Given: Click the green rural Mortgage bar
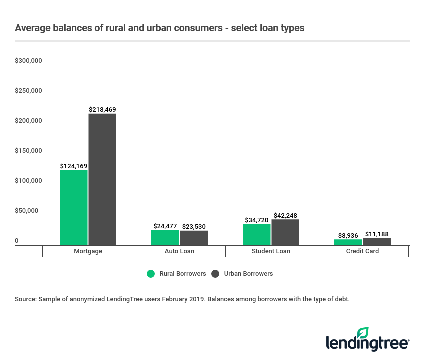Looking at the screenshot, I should pyautogui.click(x=74, y=207).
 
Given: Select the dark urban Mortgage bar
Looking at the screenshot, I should pyautogui.click(x=102, y=179).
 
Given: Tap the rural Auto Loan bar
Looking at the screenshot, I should pyautogui.click(x=165, y=237).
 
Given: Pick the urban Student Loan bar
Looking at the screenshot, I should pyautogui.click(x=285, y=232).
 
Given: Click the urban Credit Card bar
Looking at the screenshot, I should pyautogui.click(x=377, y=241).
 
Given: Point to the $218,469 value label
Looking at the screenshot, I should pyautogui.click(x=102, y=109).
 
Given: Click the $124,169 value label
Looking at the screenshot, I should pyautogui.click(x=74, y=166).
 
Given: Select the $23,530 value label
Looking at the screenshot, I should pyautogui.click(x=194, y=226).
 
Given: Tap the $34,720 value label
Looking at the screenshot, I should pyautogui.click(x=257, y=220).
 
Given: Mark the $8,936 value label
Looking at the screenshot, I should pyautogui.click(x=349, y=234).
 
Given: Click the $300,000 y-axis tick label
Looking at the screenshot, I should pyautogui.click(x=28, y=61).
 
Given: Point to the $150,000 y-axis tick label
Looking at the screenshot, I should pyautogui.click(x=28, y=151).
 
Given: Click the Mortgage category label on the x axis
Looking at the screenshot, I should pyautogui.click(x=88, y=251).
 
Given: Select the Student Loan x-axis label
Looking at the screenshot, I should pyautogui.click(x=271, y=251).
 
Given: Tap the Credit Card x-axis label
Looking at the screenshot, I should pyautogui.click(x=362, y=251).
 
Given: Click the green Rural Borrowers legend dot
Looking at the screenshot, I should pyautogui.click(x=151, y=274).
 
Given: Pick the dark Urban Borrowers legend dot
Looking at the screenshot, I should pyautogui.click(x=215, y=274).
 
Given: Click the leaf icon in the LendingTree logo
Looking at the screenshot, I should pyautogui.click(x=363, y=332).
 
